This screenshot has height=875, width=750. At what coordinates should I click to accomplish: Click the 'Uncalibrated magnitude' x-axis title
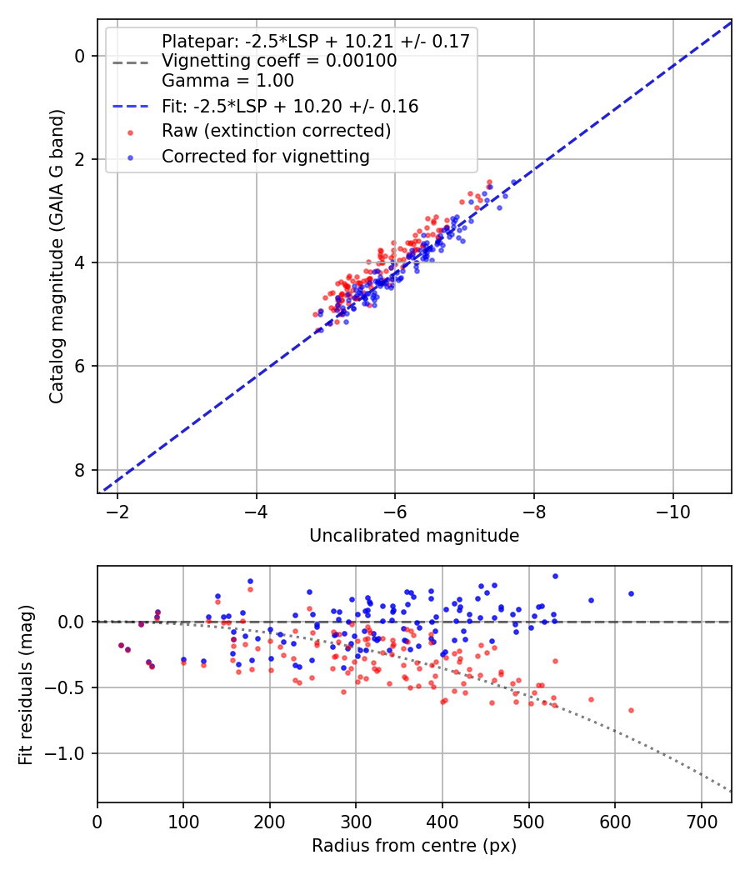point(414,536)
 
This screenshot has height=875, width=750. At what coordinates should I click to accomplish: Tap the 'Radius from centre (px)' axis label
point(414,846)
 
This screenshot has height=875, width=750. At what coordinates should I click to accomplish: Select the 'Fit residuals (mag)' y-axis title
point(26,685)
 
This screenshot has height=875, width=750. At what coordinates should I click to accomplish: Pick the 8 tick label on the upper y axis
point(80,470)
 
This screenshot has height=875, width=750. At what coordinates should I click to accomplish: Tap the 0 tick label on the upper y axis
point(80,56)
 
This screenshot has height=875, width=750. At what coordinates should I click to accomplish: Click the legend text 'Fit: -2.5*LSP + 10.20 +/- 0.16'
point(290,107)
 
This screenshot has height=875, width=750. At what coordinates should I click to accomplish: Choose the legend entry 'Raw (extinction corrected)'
point(277,131)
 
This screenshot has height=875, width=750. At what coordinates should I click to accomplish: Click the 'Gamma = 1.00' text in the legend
point(227,81)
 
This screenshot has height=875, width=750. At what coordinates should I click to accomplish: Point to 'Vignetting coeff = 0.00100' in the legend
point(279,61)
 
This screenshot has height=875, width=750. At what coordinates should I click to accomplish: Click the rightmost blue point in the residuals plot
point(631,594)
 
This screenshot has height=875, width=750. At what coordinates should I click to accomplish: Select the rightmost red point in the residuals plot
point(631,710)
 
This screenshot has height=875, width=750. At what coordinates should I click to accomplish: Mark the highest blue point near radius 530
point(555,576)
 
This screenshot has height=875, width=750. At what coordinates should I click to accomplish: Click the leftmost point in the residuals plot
point(121,645)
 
